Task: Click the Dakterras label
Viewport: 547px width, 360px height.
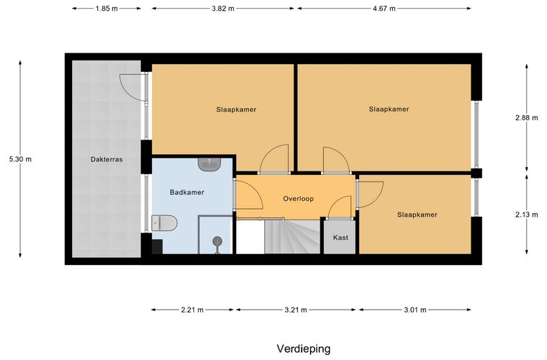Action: point(106,160)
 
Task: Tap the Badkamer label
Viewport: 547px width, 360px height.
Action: point(187,192)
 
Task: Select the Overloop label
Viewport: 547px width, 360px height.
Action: point(298,198)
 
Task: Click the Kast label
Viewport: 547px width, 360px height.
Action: point(340,238)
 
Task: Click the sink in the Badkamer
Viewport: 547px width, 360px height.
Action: point(210,164)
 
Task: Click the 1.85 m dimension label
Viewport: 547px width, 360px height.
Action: point(107,8)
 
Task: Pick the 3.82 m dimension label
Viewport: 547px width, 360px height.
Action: point(222,8)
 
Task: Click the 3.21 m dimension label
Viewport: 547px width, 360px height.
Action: point(295,310)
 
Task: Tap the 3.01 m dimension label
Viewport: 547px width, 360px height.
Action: point(415,310)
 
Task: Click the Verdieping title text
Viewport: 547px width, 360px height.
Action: point(303,348)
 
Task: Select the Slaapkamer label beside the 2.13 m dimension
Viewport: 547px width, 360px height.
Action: point(417,214)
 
